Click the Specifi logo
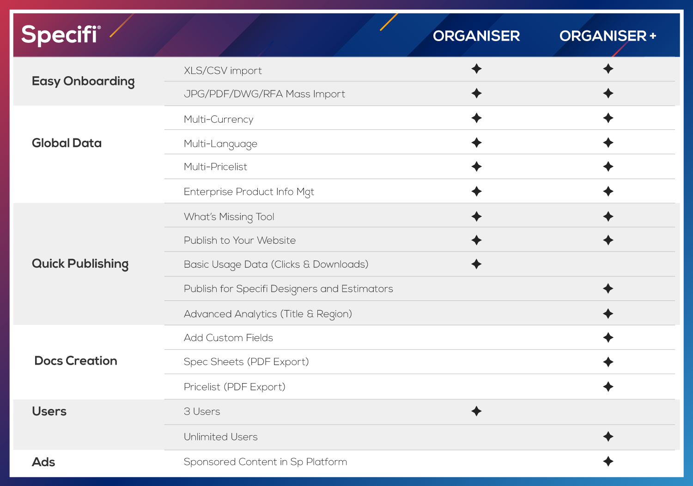coord(61,35)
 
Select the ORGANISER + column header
coord(608,36)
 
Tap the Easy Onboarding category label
coord(83,81)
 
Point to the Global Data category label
coord(67,143)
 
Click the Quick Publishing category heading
coord(80,264)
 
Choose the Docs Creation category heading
coord(76,361)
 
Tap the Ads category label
coord(43,462)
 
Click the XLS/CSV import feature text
coord(223,71)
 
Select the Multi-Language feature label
coord(220,144)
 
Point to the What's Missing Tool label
coord(229,217)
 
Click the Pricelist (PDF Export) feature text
coord(235,387)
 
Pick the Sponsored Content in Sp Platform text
coord(266,462)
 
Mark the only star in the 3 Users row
coord(476,411)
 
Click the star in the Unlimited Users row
coord(608,437)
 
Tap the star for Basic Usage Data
coord(476,264)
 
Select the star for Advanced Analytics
coord(608,314)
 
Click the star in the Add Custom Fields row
coord(608,337)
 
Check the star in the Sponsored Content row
coord(608,462)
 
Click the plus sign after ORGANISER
coord(653,36)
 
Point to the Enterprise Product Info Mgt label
coord(249,192)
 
